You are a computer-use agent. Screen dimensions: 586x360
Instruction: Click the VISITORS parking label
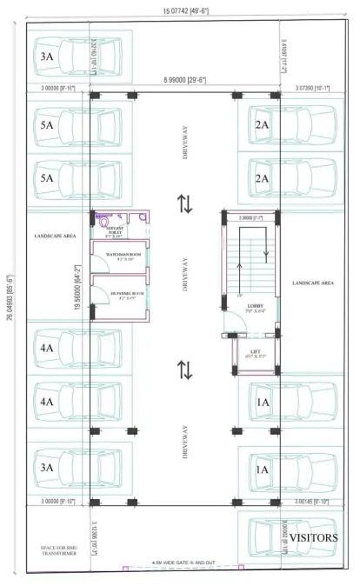click(x=313, y=538)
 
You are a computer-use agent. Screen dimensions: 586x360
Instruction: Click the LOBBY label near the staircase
click(x=256, y=306)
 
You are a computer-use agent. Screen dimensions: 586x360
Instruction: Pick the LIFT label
click(x=256, y=353)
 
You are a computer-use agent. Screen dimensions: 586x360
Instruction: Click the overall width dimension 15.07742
click(x=180, y=9)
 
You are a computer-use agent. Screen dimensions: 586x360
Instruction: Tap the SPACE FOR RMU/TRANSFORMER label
click(x=58, y=549)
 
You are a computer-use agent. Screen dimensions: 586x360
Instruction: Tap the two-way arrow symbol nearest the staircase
click(x=184, y=204)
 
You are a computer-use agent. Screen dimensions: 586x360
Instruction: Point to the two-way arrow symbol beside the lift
click(x=184, y=369)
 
